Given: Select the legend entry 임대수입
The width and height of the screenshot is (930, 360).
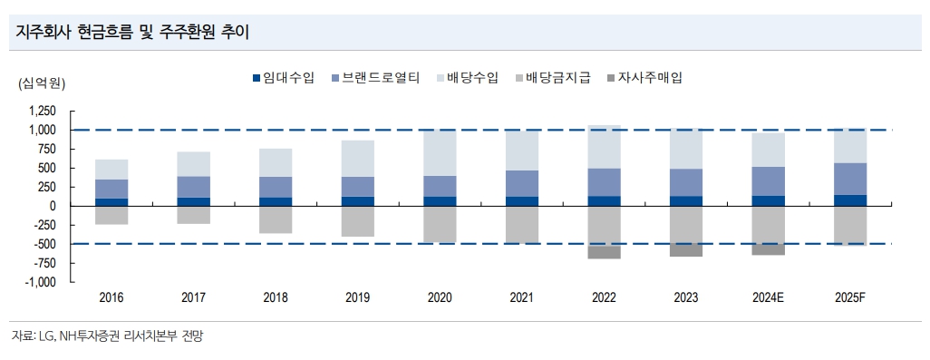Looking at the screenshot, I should pyautogui.click(x=283, y=78).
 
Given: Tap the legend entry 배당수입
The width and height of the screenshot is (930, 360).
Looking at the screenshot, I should pyautogui.click(x=467, y=78).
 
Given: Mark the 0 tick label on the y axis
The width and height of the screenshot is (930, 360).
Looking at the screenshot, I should pyautogui.click(x=53, y=206).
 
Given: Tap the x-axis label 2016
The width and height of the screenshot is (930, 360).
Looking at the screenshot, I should pyautogui.click(x=111, y=297).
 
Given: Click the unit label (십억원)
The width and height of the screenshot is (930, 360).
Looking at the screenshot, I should pyautogui.click(x=42, y=83).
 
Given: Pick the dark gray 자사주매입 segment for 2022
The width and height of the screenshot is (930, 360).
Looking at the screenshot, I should pyautogui.click(x=605, y=252).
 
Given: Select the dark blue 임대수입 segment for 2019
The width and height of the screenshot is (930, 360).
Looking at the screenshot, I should pyautogui.click(x=358, y=201).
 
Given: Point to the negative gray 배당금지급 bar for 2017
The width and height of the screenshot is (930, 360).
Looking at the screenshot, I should pyautogui.click(x=194, y=215).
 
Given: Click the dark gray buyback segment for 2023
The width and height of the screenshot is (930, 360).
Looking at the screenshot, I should pyautogui.click(x=687, y=249).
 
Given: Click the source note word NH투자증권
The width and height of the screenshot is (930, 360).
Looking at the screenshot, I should pyautogui.click(x=92, y=336).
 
